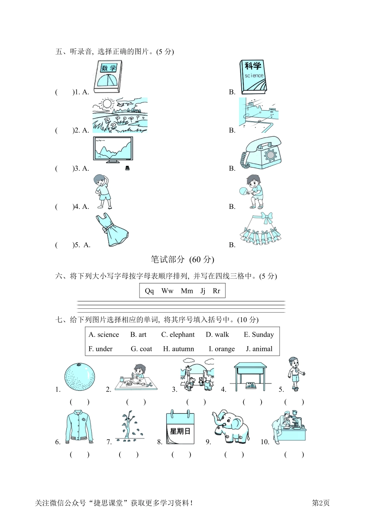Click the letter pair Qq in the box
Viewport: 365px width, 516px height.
(x=149, y=291)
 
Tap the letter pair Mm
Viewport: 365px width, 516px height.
(x=187, y=291)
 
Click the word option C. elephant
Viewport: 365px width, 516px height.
(x=178, y=335)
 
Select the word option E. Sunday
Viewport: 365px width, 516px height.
(x=259, y=335)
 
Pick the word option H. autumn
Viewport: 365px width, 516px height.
(x=178, y=349)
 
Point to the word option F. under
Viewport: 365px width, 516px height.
(x=101, y=349)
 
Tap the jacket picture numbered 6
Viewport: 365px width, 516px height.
(x=79, y=427)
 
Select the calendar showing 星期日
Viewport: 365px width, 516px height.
(x=180, y=428)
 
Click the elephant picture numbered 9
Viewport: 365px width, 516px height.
(x=231, y=426)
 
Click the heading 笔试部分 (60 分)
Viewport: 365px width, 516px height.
(x=182, y=260)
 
